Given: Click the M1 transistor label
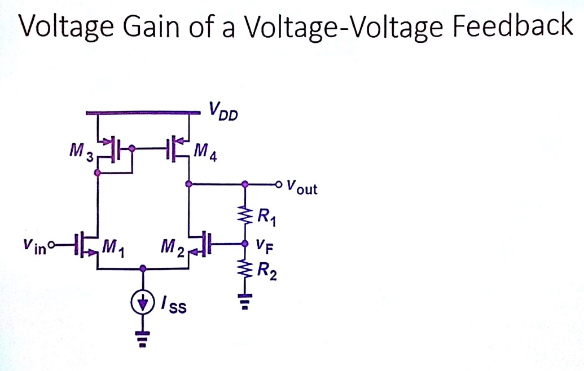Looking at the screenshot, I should point(112,248).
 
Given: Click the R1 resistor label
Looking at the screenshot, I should point(265,216).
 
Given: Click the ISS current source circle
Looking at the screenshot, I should point(145,304).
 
